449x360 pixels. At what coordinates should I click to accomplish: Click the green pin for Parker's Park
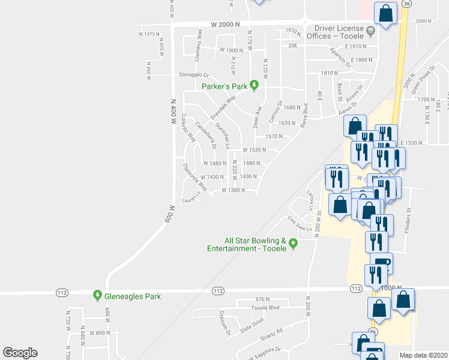(x=254, y=86)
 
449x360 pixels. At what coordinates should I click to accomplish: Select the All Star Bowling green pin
(x=293, y=244)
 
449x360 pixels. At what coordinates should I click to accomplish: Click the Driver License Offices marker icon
(x=370, y=30)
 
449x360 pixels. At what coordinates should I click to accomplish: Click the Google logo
(x=20, y=353)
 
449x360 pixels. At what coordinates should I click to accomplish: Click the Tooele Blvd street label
(x=266, y=308)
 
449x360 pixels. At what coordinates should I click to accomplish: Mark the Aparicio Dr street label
(x=340, y=55)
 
